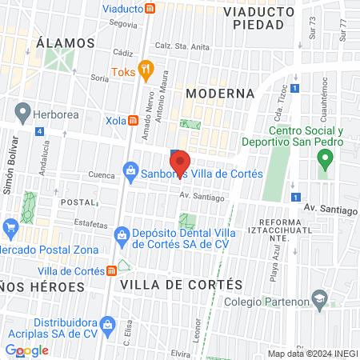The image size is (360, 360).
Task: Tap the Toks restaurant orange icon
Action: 145,70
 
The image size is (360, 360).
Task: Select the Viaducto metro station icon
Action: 150,9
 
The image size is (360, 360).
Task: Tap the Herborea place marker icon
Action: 22,113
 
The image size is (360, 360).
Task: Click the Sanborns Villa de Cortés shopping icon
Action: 130,170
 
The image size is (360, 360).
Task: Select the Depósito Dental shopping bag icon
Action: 122,235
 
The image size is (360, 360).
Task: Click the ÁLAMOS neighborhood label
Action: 66,42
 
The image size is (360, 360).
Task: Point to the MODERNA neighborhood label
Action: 220,94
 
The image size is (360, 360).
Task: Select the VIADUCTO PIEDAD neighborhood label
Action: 254,18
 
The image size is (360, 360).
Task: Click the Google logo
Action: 27,350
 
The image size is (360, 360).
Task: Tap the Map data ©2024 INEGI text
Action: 312,353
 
